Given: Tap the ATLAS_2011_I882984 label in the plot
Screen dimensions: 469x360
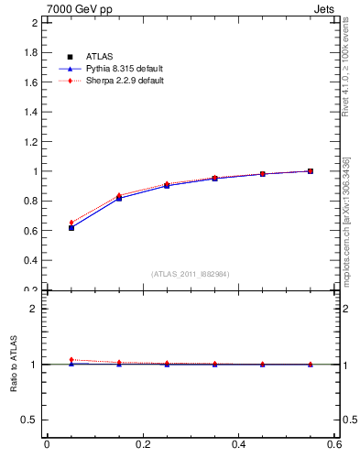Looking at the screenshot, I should (x=190, y=274).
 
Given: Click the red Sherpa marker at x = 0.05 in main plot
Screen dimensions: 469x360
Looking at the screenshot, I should (x=71, y=223).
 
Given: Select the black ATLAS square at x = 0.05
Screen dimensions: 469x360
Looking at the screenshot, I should (x=71, y=228).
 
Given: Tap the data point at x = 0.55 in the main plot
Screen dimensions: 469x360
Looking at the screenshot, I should (x=311, y=170).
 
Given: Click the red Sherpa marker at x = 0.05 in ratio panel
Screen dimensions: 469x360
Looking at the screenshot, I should (x=71, y=359).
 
